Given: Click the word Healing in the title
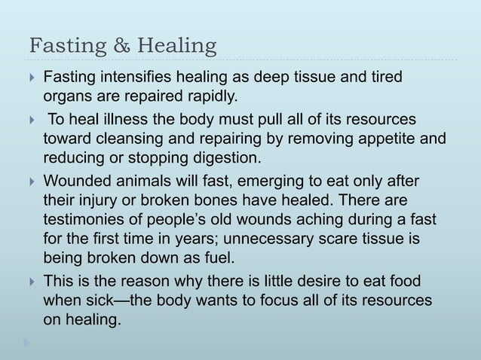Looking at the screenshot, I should coord(167,47).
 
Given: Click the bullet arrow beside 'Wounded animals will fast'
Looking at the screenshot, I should coord(28,182).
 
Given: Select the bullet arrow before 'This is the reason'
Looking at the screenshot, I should coord(28,282).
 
